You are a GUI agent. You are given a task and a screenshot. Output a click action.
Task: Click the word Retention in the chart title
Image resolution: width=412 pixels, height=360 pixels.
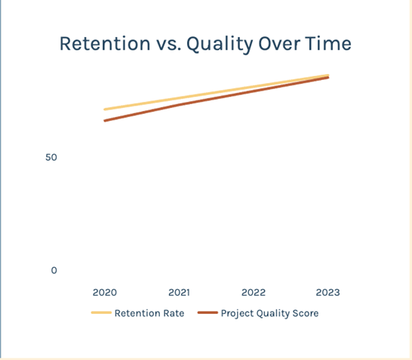(x=105, y=43)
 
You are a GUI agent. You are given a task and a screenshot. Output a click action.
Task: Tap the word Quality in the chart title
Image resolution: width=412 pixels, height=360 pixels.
(x=220, y=45)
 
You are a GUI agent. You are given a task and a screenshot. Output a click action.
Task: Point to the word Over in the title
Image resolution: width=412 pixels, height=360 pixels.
(x=279, y=44)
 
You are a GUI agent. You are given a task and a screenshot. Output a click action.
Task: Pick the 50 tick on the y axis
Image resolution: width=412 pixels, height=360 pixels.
(x=51, y=158)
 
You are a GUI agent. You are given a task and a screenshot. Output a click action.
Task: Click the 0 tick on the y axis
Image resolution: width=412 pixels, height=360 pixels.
(x=54, y=270)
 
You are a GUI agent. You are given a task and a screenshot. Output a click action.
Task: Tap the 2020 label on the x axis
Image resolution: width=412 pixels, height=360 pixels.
(x=105, y=293)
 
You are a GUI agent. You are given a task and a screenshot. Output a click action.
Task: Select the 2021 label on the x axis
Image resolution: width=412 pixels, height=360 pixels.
(x=179, y=293)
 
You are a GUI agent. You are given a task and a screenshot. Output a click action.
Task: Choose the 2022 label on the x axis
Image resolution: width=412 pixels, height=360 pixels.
(x=254, y=293)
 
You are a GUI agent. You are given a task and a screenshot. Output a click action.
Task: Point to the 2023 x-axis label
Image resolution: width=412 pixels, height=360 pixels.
(x=328, y=293)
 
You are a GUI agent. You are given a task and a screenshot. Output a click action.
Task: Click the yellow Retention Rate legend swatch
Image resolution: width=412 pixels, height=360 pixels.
(x=101, y=312)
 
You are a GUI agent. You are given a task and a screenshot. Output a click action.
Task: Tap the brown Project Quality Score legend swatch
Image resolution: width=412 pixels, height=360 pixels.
(x=208, y=312)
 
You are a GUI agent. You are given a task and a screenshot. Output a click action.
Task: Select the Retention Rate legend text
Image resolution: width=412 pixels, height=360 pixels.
(x=149, y=313)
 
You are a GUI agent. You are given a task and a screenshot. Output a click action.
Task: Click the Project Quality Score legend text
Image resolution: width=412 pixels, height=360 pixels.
(x=270, y=313)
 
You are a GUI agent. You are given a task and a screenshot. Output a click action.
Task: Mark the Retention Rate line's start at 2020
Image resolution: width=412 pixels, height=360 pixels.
(x=105, y=109)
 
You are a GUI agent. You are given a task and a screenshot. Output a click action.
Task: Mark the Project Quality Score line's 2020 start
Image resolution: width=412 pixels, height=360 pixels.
(x=105, y=121)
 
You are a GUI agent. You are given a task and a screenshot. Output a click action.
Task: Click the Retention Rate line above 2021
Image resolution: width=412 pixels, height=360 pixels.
(x=179, y=98)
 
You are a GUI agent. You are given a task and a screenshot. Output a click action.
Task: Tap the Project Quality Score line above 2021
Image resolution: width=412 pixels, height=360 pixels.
(x=179, y=105)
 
